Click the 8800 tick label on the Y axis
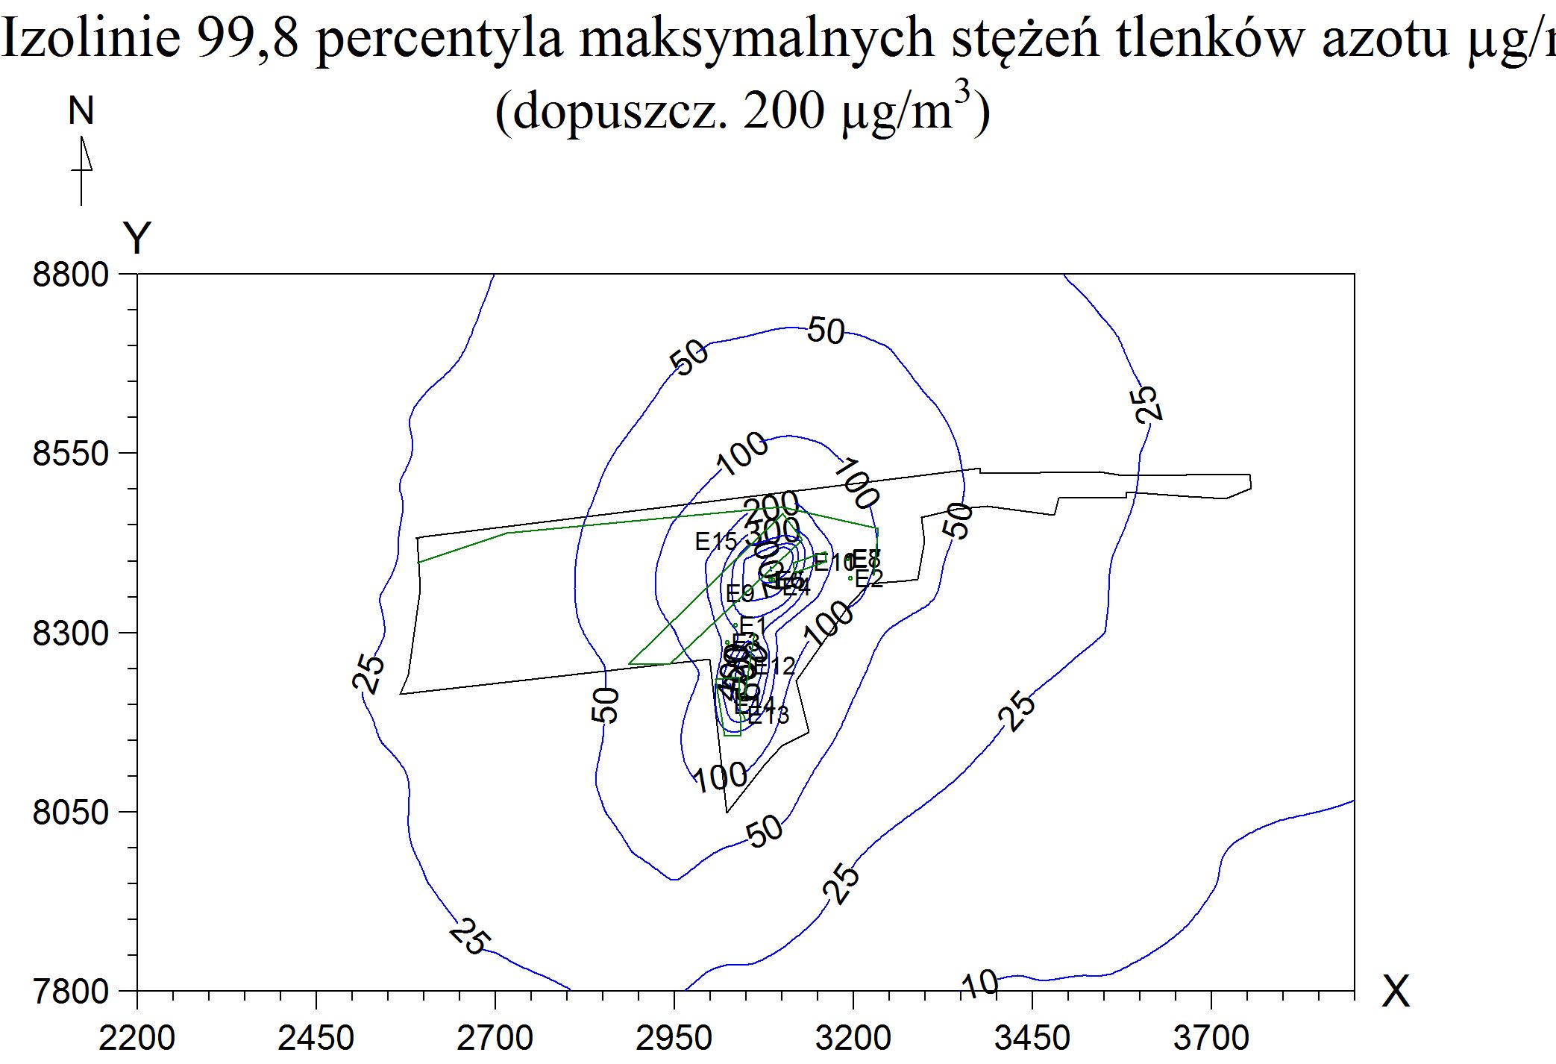[70, 274]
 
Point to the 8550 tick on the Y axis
[70, 453]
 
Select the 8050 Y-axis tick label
[70, 812]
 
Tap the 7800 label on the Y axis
[70, 992]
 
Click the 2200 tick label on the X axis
[137, 1038]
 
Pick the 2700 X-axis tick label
[495, 1038]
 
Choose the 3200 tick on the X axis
[853, 1038]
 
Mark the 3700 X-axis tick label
[1211, 1038]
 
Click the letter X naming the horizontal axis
[1396, 992]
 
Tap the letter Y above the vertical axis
[137, 239]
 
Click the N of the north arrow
[81, 111]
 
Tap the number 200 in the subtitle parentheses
[783, 112]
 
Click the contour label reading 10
[979, 984]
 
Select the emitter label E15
[715, 542]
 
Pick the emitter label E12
[775, 666]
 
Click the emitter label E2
[868, 579]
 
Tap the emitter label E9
[739, 594]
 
